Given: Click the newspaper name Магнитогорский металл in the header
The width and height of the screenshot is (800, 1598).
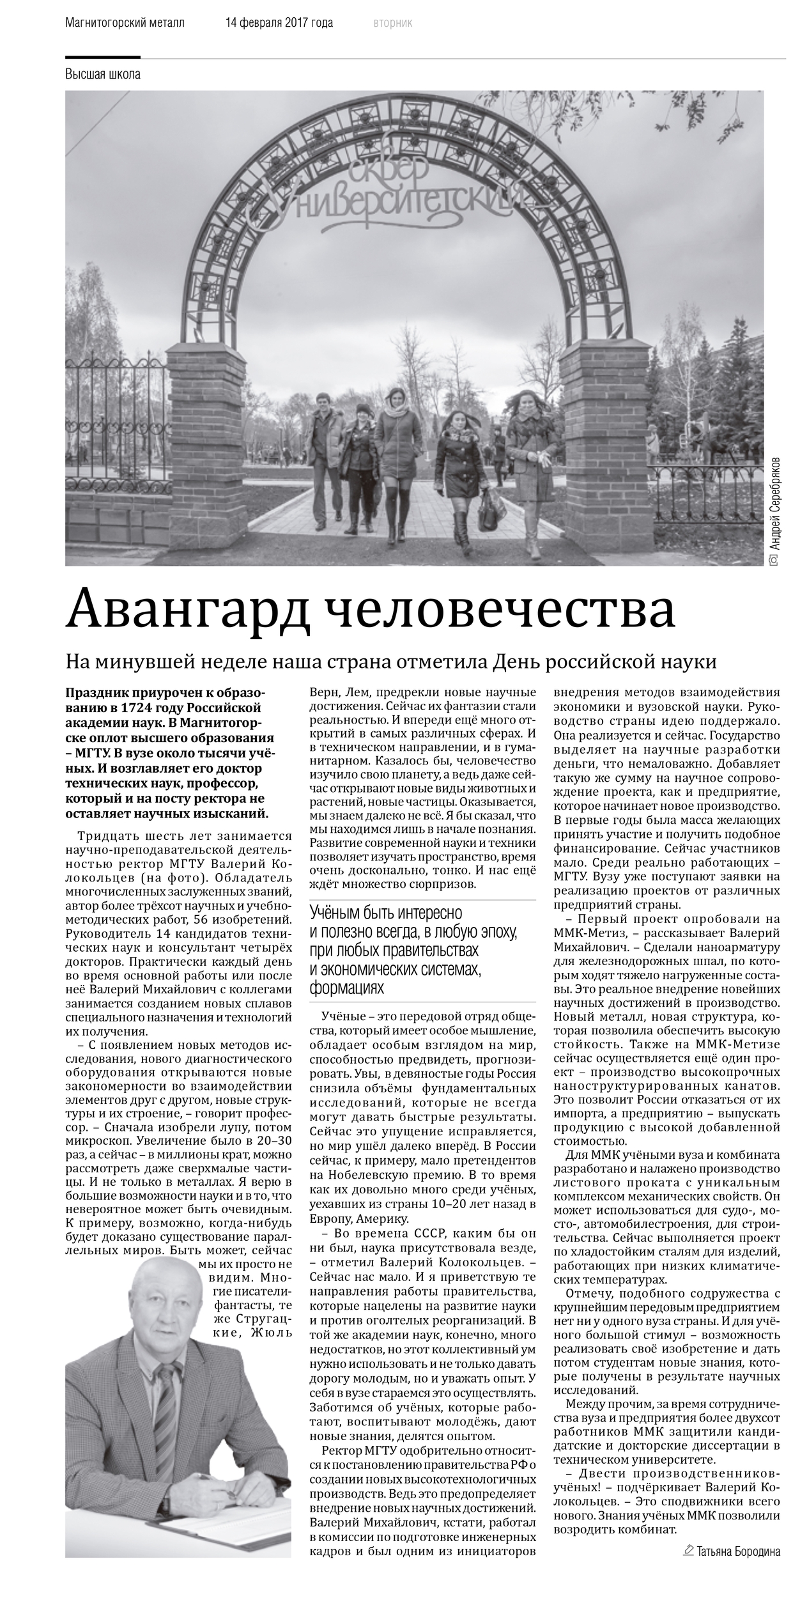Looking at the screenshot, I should pyautogui.click(x=125, y=23).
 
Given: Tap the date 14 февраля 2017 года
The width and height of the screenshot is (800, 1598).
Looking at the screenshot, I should pyautogui.click(x=279, y=23).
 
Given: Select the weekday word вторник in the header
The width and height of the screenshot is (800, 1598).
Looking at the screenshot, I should pyautogui.click(x=392, y=23).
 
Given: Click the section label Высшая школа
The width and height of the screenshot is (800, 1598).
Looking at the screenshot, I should pyautogui.click(x=103, y=74).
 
